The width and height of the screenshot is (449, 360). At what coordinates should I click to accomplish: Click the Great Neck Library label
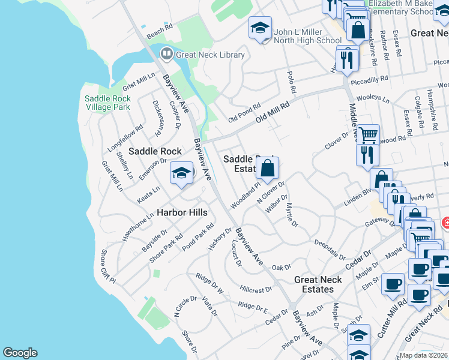(x=210, y=55)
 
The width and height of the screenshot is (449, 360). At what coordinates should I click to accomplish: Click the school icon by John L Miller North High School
(x=260, y=29)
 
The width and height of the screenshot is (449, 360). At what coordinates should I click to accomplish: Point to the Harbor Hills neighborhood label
(x=182, y=212)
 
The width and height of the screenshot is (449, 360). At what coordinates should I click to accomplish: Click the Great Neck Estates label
(x=318, y=284)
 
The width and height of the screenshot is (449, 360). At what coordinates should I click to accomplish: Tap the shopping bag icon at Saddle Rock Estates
(x=268, y=169)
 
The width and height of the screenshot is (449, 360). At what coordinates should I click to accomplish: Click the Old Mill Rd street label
(x=272, y=112)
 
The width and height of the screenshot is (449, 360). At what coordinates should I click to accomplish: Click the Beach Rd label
(x=159, y=29)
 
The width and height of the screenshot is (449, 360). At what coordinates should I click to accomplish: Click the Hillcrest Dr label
(x=256, y=289)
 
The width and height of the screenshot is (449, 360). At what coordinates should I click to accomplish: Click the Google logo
(x=20, y=353)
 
